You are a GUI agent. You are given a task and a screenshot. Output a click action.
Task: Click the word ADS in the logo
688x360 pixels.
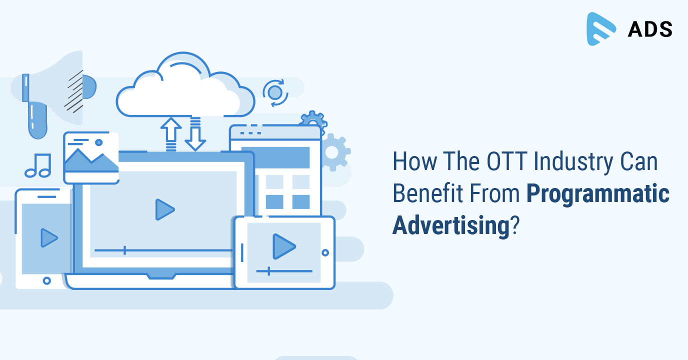[650, 29]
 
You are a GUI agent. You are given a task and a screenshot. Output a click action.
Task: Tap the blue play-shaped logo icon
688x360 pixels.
[601, 29]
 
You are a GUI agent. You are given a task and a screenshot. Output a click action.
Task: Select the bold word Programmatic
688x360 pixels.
[598, 194]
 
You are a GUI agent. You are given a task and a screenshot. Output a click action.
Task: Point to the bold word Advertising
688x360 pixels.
[451, 225]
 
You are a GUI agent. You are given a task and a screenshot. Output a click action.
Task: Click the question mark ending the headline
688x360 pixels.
[515, 225]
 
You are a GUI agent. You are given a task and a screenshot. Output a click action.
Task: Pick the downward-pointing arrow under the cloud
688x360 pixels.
[195, 134]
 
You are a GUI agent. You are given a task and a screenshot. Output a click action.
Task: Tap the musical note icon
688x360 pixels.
[38, 165]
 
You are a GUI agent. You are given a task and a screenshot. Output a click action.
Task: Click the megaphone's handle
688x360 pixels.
[38, 120]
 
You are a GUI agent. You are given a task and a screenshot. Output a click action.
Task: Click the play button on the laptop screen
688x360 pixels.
[165, 210]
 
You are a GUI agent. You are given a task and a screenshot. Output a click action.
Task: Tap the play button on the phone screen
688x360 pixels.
[49, 238]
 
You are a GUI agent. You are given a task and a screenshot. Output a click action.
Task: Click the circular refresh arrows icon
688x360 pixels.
[275, 92]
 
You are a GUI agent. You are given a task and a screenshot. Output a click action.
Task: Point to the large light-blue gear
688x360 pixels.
[333, 152]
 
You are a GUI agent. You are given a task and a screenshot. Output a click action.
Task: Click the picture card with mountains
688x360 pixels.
[91, 158]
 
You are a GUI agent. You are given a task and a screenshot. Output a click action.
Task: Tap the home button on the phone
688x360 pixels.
[46, 280]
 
